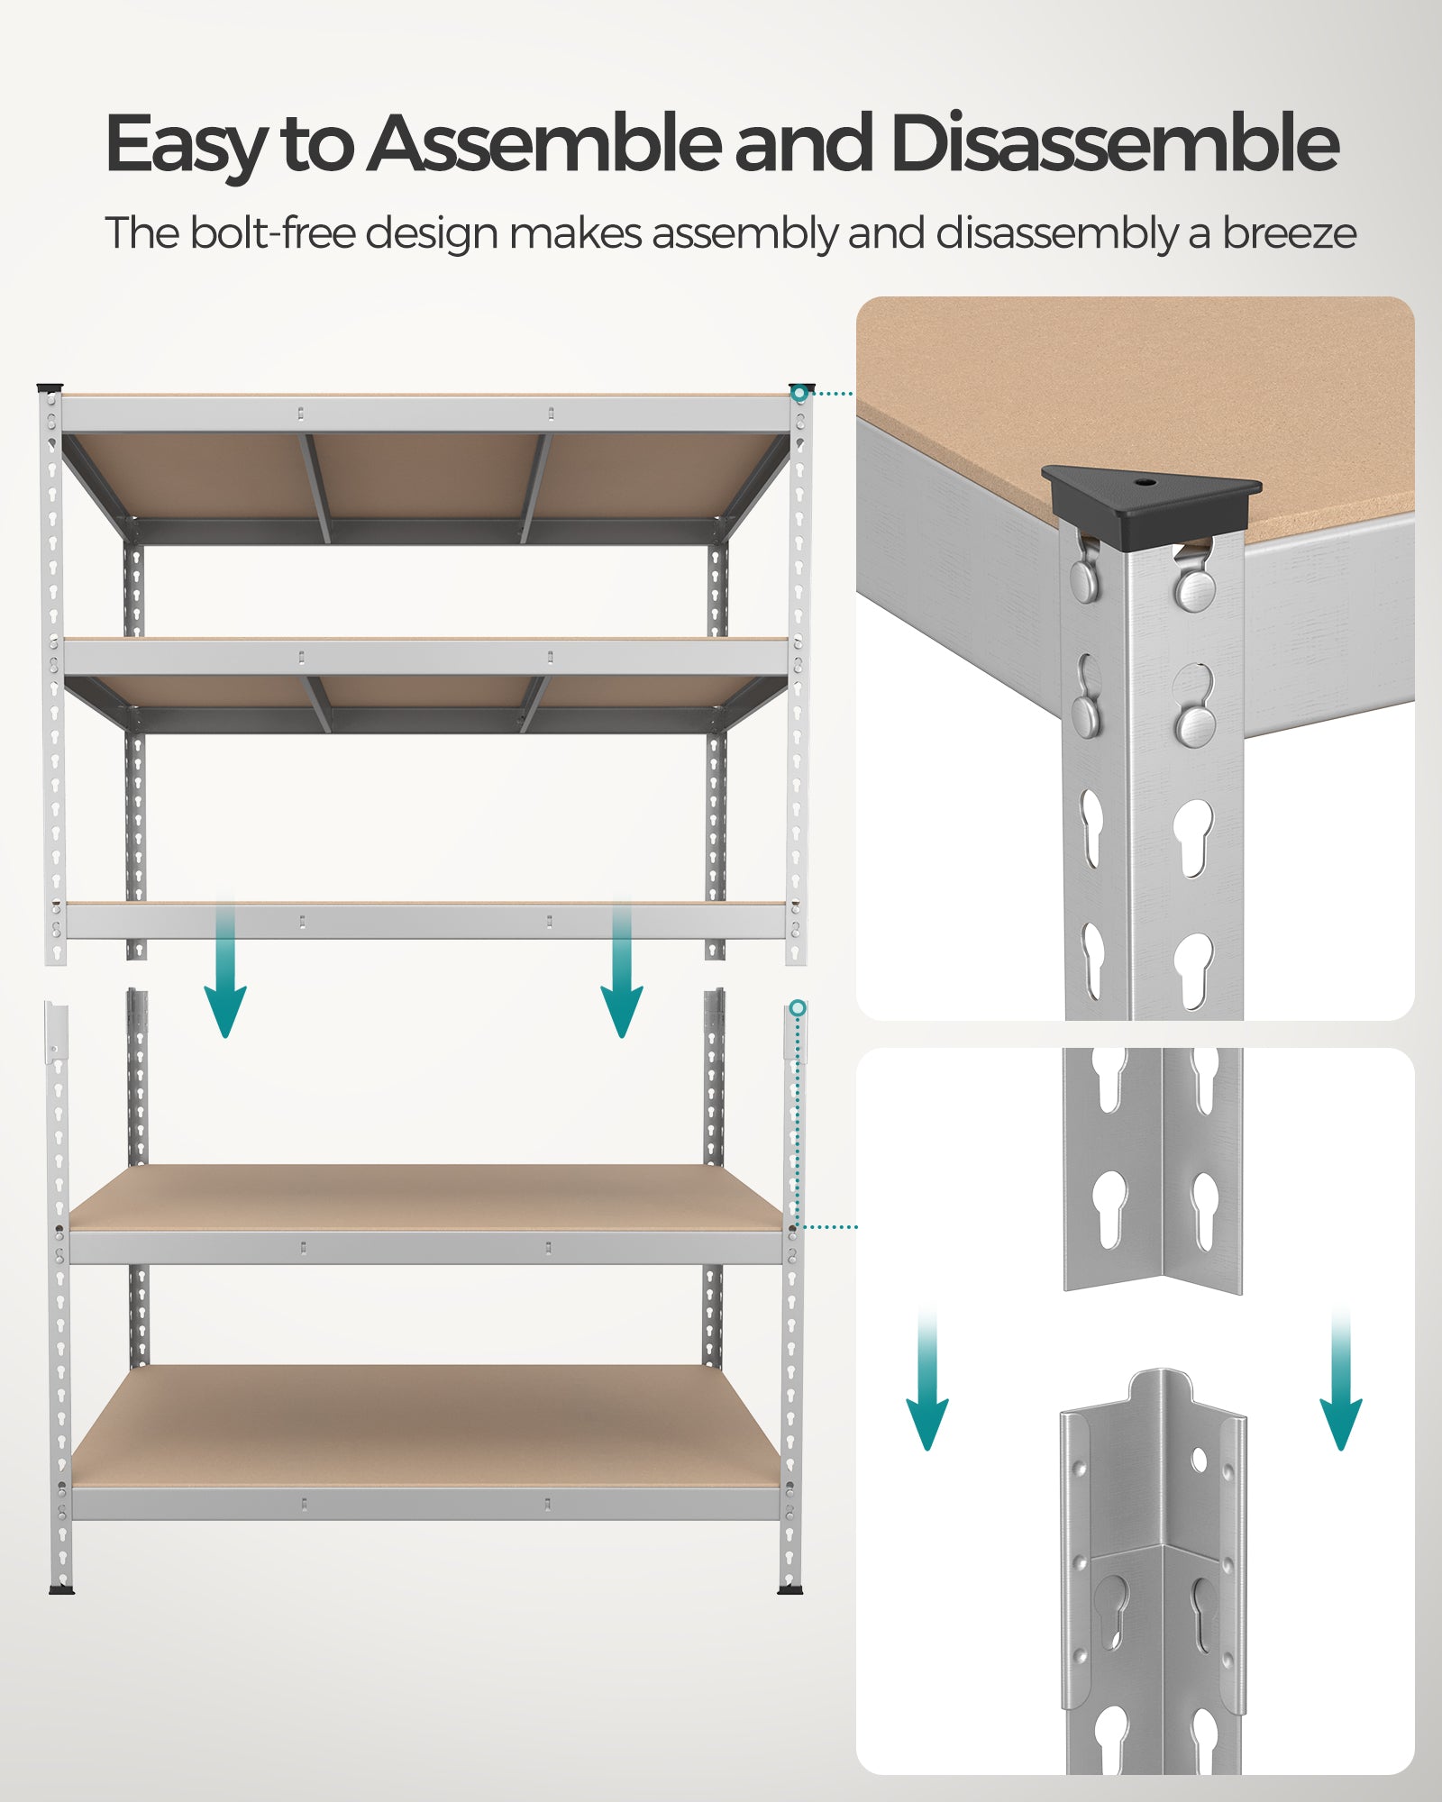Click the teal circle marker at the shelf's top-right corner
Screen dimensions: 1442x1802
point(799,394)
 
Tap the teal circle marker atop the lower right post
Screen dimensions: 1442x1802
point(798,1007)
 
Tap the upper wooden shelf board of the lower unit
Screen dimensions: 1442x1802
point(425,1197)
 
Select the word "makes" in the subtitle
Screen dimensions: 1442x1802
point(576,233)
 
